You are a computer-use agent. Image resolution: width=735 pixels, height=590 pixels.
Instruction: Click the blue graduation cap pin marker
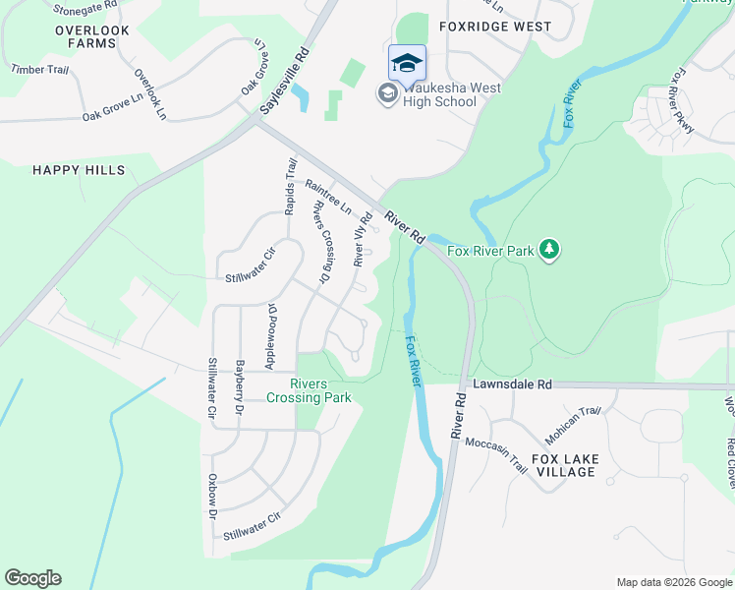pos(407,63)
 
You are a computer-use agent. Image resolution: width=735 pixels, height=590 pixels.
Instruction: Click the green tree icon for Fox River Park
pos(549,251)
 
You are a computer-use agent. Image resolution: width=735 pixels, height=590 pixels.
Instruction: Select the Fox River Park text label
pos(490,252)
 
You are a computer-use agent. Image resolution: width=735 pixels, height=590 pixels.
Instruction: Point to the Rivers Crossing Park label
pos(309,390)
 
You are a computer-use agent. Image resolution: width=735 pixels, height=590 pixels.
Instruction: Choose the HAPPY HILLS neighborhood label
pos(79,170)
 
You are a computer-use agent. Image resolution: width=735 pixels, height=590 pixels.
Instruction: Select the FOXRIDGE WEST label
pos(495,27)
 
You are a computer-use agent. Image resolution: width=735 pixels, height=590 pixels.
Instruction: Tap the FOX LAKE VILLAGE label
pos(577,465)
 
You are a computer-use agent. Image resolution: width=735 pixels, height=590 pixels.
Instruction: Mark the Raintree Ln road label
pos(327,197)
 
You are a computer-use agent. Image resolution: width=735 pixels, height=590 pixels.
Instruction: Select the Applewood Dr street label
pos(272,336)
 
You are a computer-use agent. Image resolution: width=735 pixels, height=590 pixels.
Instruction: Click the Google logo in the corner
pos(32,578)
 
